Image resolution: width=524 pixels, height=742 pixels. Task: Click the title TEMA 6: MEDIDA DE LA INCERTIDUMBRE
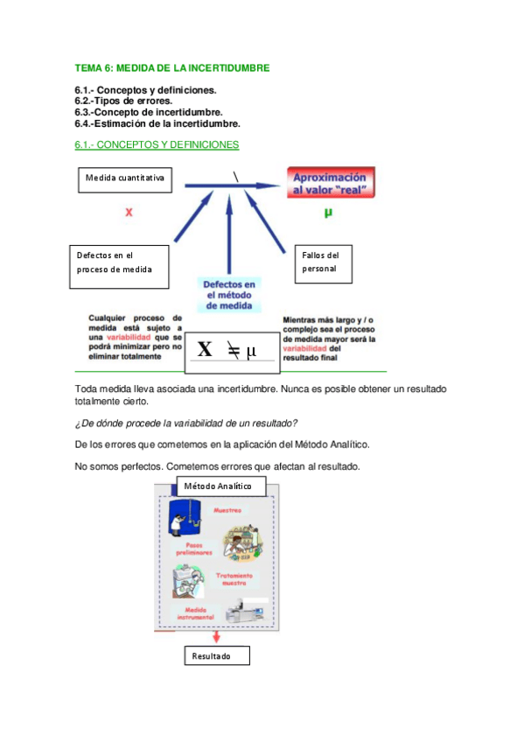pos(172,67)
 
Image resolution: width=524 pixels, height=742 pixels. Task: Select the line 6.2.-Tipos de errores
pos(123,101)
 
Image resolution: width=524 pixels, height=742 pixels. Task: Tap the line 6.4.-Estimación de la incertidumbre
pos(157,123)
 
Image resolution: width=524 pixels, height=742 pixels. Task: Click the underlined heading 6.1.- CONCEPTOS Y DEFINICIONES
pos(157,144)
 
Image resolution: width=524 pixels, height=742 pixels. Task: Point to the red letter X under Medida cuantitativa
pos(129,212)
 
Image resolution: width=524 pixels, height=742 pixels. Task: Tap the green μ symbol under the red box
pos(328,212)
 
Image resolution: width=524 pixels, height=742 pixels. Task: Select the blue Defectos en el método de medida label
pos(229,296)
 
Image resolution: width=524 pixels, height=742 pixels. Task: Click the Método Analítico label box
pos(216,486)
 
